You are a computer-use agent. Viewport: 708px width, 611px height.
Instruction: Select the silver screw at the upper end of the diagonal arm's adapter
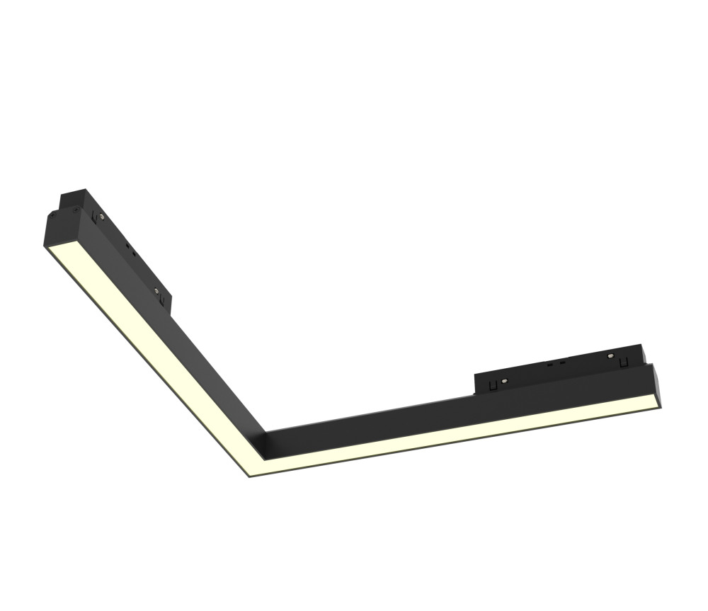click(102, 217)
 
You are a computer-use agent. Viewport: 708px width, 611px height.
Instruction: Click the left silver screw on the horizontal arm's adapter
click(503, 382)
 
